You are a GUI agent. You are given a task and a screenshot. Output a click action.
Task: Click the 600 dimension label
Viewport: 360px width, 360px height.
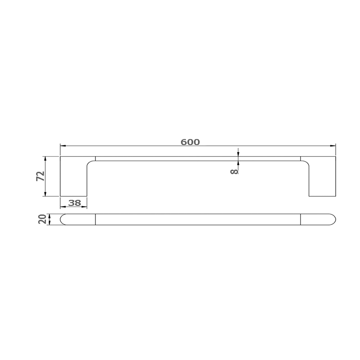[x=190, y=142]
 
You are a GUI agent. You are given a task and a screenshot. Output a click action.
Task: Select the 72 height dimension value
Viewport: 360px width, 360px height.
[x=40, y=176]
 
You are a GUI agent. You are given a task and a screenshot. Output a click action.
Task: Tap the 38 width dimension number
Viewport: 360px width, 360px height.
[x=75, y=203]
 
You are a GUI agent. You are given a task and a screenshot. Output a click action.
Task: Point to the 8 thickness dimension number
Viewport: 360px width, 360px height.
[x=234, y=171]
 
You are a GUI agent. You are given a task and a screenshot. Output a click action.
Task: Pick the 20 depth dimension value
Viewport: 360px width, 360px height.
[x=42, y=219]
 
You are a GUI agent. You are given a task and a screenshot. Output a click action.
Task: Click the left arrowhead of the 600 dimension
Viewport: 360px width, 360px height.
[x=63, y=145]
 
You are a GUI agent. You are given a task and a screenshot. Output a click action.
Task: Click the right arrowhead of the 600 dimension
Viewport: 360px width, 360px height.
[x=333, y=145]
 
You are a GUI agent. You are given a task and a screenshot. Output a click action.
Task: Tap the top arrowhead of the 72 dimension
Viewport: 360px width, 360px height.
[x=45, y=159]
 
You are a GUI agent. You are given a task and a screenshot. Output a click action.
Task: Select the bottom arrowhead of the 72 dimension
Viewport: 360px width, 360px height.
[x=45, y=193]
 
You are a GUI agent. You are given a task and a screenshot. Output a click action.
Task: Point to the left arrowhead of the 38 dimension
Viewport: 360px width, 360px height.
[x=63, y=207]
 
